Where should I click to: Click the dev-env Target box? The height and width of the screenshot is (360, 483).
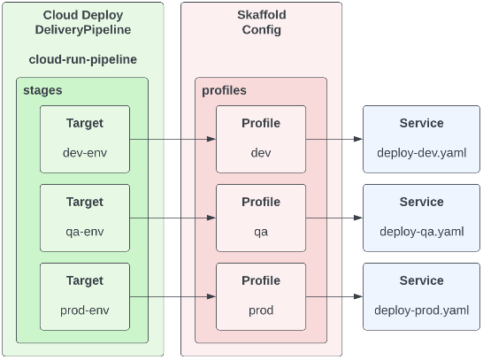click(85, 139)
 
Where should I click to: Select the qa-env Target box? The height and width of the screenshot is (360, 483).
click(85, 218)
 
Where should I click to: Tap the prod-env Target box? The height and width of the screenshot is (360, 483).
click(85, 296)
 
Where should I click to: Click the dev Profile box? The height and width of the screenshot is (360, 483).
click(261, 139)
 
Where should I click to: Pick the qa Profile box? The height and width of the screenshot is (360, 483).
click(261, 218)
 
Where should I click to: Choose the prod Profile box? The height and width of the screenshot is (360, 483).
click(261, 296)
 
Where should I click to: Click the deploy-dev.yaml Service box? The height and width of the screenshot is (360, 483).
click(421, 139)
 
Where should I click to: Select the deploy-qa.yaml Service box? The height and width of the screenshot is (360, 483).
click(421, 218)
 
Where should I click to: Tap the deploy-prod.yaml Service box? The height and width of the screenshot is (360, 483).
click(421, 296)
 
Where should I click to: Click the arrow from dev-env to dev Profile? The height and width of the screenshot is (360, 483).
click(173, 139)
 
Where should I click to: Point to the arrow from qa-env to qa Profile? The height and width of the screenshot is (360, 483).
click(173, 218)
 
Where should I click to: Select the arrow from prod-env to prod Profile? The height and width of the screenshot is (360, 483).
click(173, 296)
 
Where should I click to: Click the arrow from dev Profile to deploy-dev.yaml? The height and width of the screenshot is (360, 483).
click(334, 139)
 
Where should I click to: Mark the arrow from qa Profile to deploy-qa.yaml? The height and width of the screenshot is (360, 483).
click(334, 218)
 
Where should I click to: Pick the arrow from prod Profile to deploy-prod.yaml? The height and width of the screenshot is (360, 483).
click(334, 296)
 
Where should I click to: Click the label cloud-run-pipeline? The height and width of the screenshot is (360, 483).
click(82, 59)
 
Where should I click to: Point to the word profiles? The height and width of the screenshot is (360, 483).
click(224, 90)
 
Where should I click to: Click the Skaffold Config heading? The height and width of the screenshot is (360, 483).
click(261, 23)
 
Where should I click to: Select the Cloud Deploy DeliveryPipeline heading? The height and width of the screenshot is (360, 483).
click(82, 23)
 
